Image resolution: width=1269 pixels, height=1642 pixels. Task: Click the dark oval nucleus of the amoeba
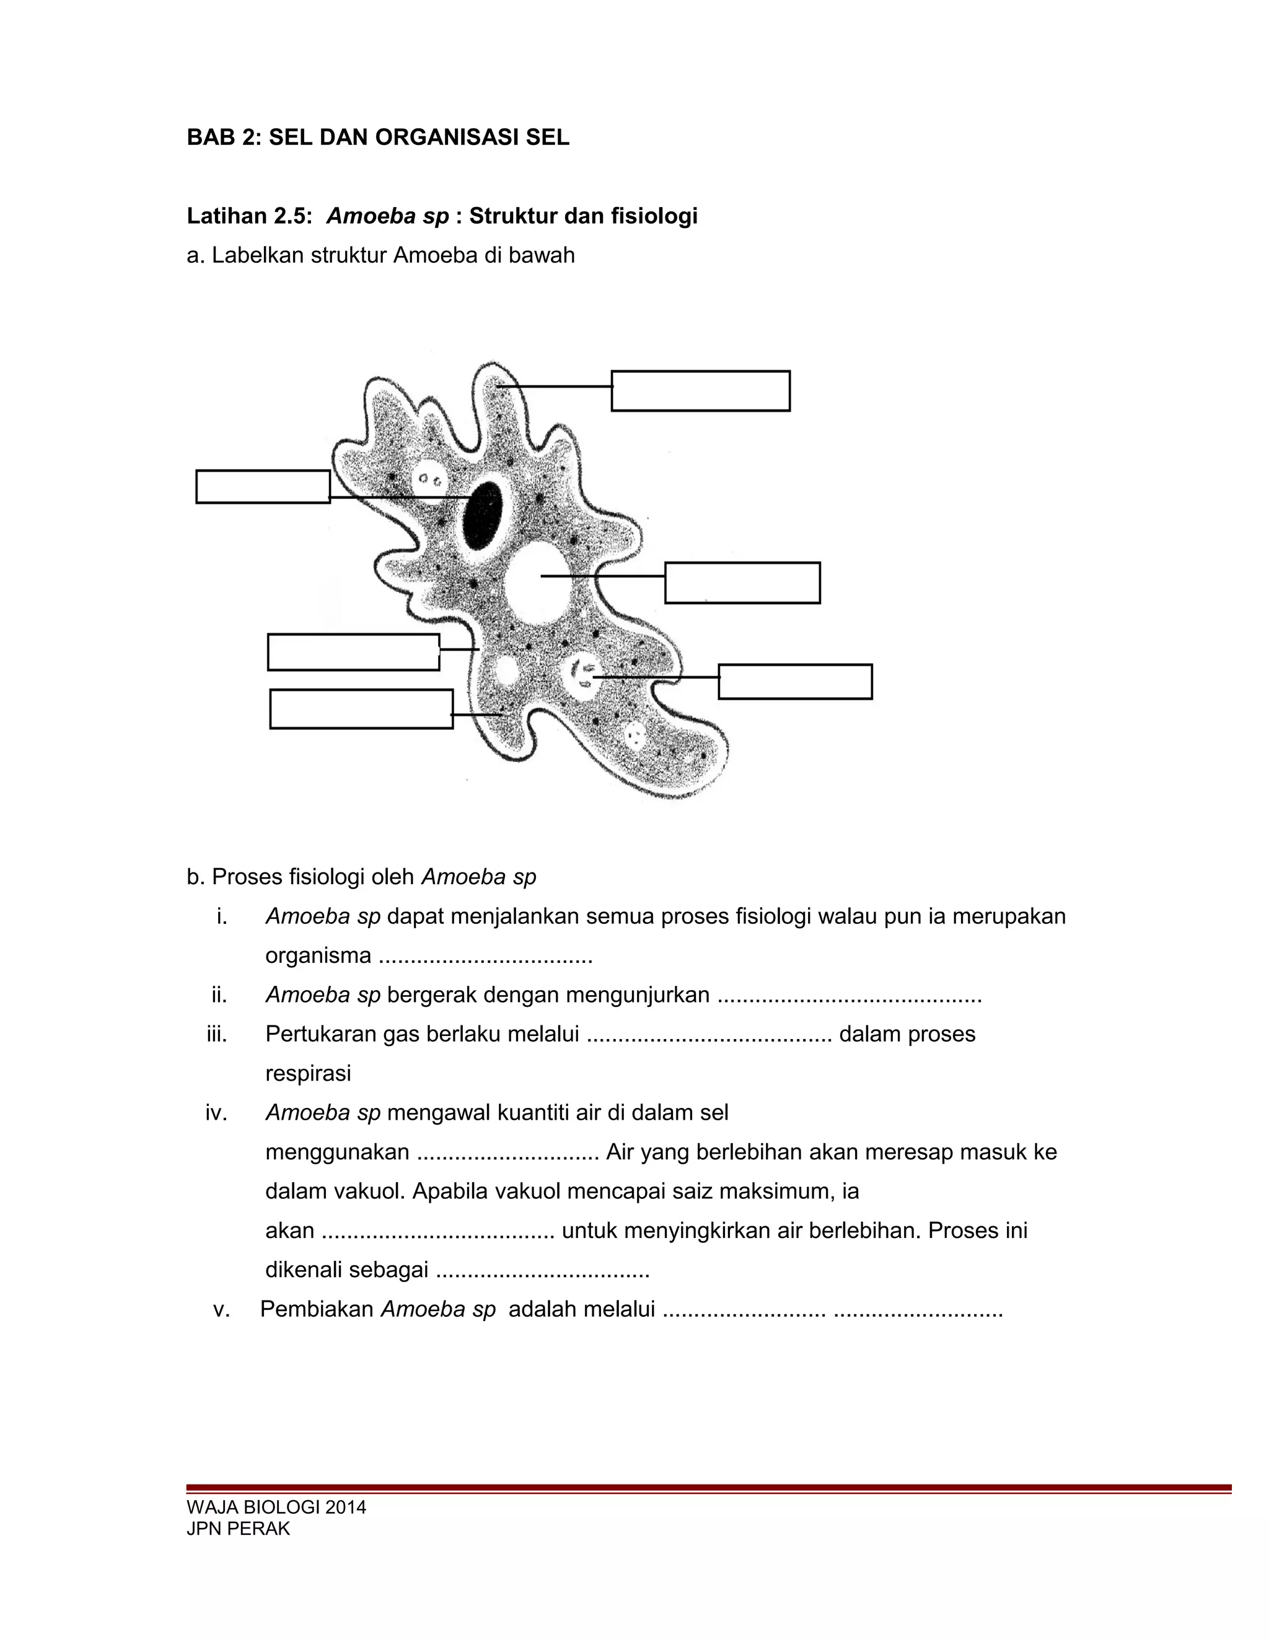pos(483,517)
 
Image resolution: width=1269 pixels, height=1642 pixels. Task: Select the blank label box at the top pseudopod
pos(700,391)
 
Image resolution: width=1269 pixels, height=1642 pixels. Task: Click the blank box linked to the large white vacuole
pos(742,582)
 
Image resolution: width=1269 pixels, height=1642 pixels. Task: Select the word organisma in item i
pos(318,955)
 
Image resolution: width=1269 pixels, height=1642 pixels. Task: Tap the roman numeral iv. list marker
pos(216,1113)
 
